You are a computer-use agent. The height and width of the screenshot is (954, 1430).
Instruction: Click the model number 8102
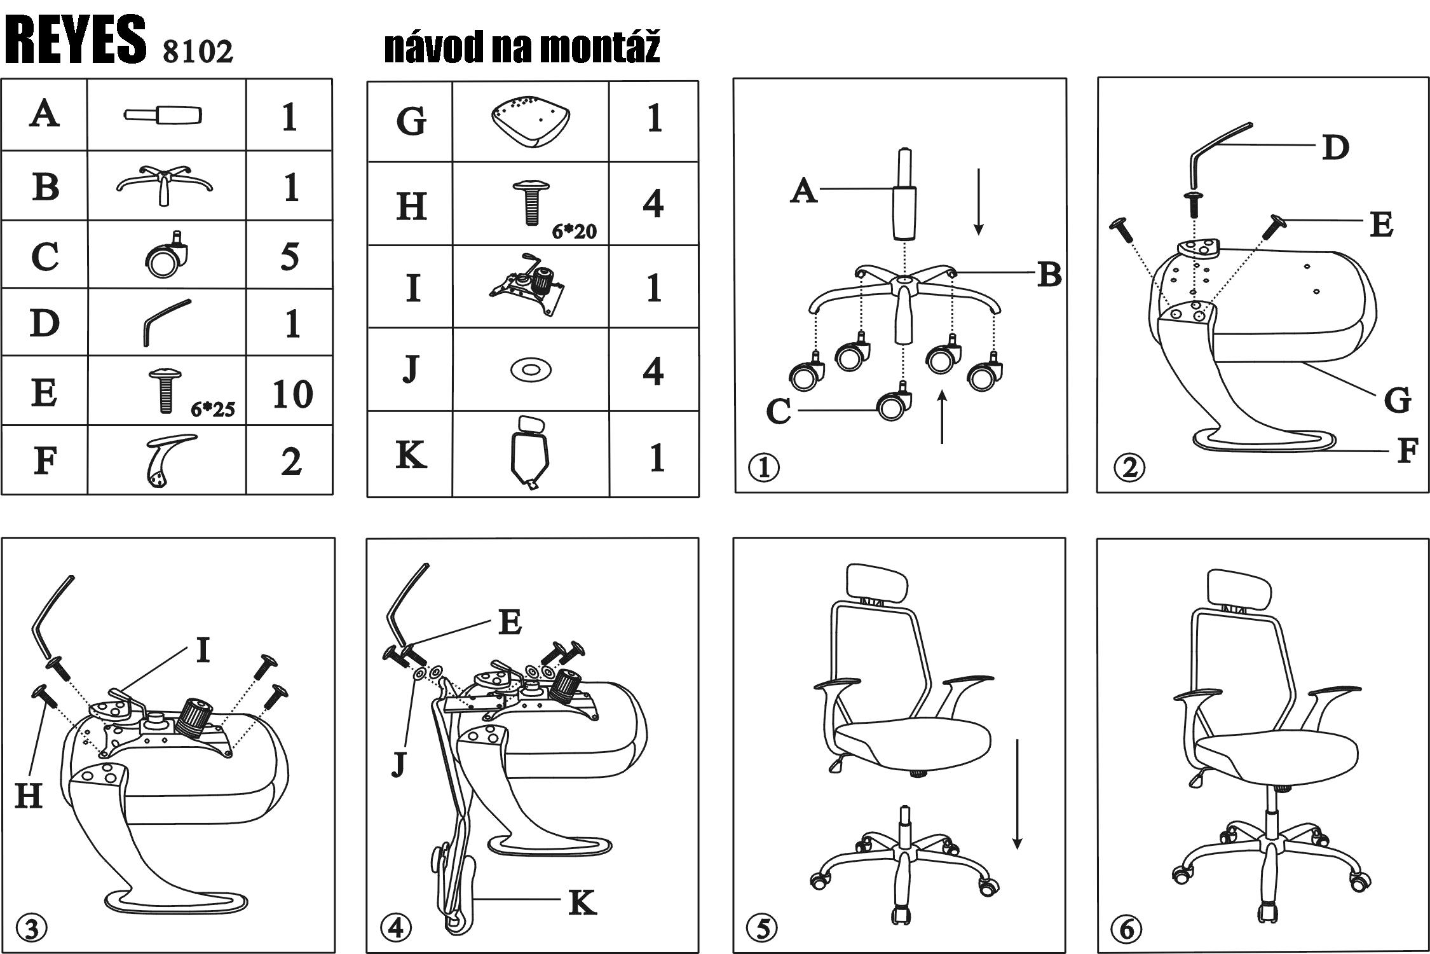(x=198, y=51)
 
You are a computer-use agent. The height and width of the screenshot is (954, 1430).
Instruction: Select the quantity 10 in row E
(x=292, y=394)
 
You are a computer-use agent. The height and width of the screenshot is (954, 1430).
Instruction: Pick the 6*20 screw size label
(x=574, y=231)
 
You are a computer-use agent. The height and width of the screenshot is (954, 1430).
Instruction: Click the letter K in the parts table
(x=411, y=455)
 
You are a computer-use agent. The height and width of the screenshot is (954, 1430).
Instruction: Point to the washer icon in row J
(x=531, y=369)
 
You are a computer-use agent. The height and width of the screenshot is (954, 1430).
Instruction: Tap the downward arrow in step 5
(x=1017, y=794)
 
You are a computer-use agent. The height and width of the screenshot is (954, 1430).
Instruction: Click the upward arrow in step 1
(x=942, y=417)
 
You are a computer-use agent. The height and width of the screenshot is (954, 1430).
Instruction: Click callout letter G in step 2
(x=1397, y=400)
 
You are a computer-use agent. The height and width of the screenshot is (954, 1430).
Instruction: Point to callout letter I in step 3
(x=203, y=650)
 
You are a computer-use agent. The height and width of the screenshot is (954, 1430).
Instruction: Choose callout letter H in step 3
(x=29, y=795)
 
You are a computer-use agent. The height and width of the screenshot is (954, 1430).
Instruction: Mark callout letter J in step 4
(x=398, y=763)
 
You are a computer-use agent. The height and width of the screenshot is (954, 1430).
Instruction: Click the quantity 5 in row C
(x=290, y=256)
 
